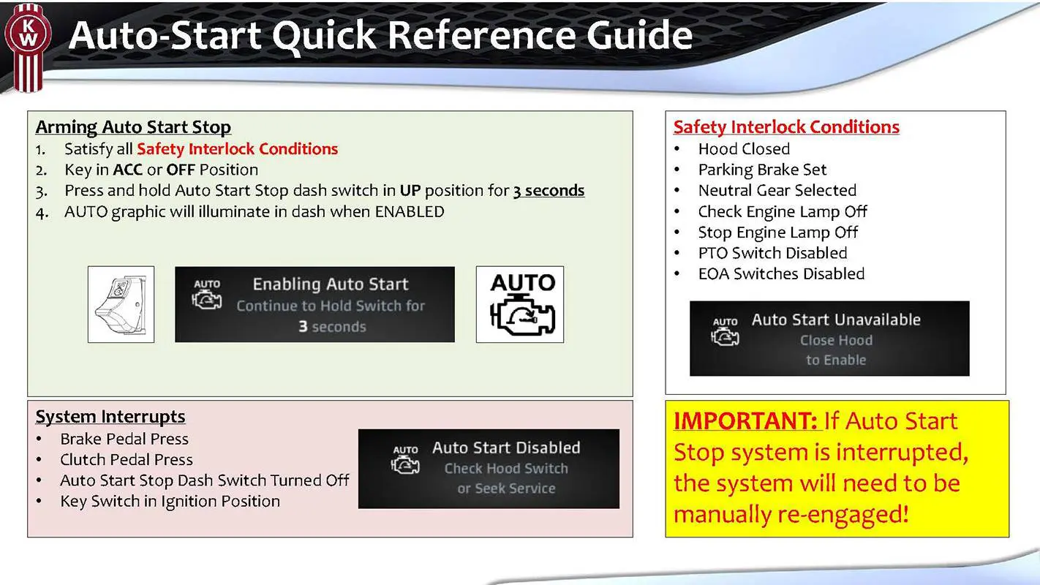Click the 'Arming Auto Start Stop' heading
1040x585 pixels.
(133, 127)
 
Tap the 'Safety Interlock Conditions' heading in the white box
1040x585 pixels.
(786, 127)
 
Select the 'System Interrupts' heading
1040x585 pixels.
(110, 417)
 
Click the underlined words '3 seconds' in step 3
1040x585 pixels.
(549, 191)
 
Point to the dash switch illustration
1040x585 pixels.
(121, 304)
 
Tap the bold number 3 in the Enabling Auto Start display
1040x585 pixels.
(302, 327)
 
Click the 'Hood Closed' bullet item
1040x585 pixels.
(744, 149)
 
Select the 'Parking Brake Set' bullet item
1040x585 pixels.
(762, 170)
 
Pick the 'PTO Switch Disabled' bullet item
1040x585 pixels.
(772, 253)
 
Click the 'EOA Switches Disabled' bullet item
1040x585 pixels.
(781, 274)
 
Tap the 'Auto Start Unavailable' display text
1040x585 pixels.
(836, 320)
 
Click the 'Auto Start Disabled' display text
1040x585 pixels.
(506, 448)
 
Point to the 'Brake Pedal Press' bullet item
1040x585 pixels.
(124, 439)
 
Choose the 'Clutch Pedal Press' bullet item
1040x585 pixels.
(127, 460)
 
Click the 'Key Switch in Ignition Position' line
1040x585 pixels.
(170, 502)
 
